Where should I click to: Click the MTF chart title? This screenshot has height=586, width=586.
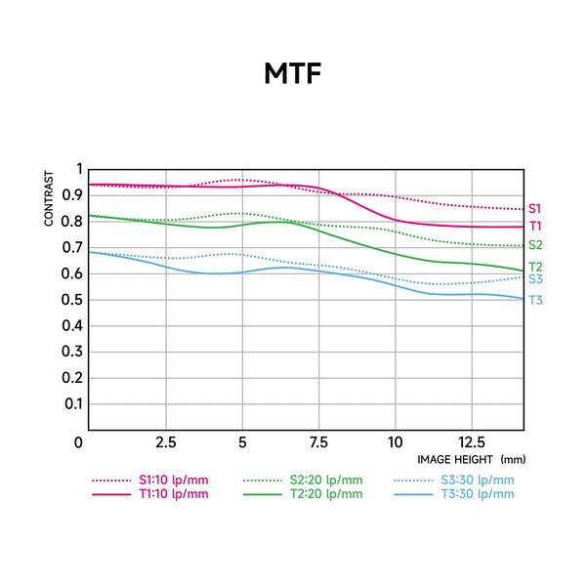pos(292,74)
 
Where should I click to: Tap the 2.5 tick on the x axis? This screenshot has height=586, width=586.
pos(165,442)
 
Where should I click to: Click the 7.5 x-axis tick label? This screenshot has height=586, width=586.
pos(317,442)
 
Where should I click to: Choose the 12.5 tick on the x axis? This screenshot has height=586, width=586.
pos(471,442)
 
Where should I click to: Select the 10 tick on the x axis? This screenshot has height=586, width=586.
pos(395,442)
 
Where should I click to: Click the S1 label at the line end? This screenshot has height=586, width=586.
pos(535,208)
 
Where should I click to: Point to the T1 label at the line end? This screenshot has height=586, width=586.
pos(535,227)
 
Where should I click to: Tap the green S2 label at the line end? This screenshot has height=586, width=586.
pos(535,245)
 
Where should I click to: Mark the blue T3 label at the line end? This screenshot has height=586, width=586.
pos(535,300)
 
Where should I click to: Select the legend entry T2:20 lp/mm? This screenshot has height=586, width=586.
pos(325,494)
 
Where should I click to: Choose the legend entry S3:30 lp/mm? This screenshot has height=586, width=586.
pos(478,480)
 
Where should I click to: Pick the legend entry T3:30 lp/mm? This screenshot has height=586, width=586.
pos(478,494)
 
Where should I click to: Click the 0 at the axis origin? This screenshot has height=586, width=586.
pos(79,442)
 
